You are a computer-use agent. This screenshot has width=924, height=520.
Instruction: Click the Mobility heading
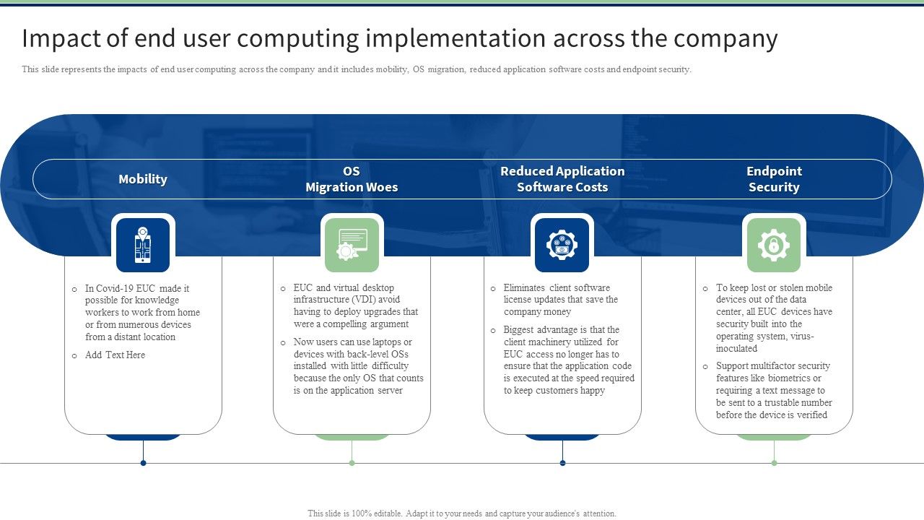143,179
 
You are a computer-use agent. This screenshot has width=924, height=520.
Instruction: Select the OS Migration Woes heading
352,179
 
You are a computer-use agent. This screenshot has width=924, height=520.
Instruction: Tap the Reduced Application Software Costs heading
562,179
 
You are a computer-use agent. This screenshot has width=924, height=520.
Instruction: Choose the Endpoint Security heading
774,179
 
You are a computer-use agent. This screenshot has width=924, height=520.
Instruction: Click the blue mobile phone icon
143,245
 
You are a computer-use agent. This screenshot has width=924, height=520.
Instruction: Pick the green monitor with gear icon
352,245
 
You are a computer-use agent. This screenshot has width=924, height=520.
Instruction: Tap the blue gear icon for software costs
562,245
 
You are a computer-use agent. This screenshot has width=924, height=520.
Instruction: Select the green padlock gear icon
773,245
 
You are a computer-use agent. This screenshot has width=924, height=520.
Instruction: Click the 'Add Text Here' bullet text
115,355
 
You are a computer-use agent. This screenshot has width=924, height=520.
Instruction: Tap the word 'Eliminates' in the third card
525,287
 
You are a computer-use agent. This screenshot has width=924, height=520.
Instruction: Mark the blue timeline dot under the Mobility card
143,463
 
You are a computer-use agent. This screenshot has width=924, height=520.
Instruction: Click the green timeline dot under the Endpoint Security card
774,463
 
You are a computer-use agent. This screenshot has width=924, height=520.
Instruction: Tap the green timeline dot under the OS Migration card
352,463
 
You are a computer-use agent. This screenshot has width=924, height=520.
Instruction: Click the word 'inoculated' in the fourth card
736,349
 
